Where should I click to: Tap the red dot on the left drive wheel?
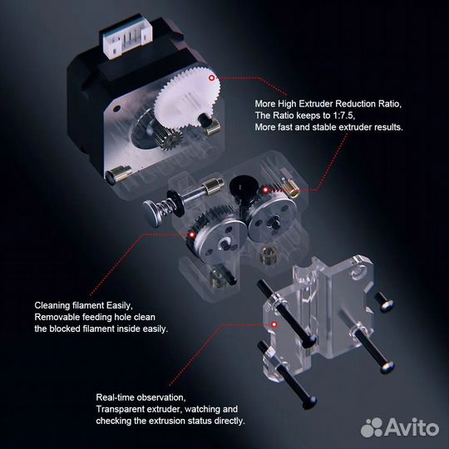click(192, 235)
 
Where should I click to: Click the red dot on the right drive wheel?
click(264, 190)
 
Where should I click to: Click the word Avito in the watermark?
click(414, 427)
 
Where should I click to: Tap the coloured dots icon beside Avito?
click(372, 427)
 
